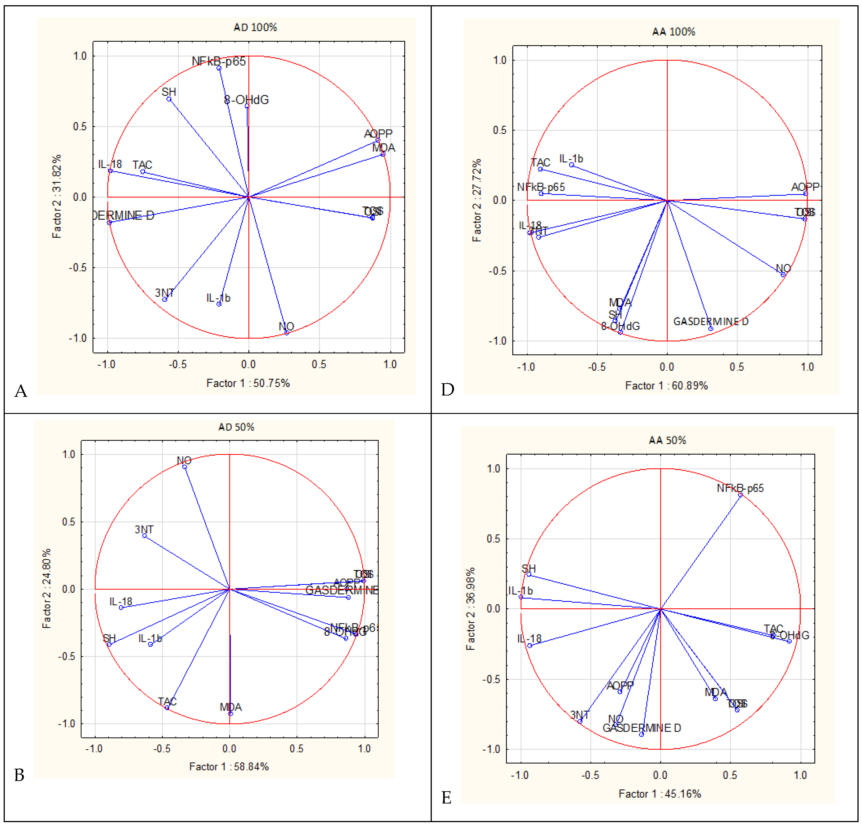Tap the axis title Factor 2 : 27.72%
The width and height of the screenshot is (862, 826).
pyautogui.click(x=477, y=200)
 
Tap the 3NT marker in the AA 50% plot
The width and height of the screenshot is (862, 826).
pyautogui.click(x=580, y=721)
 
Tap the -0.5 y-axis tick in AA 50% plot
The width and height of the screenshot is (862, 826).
pyautogui.click(x=492, y=679)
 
